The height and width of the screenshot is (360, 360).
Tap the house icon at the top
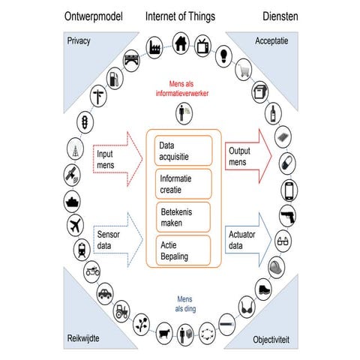click(179, 44)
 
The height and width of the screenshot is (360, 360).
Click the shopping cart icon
click(243, 71)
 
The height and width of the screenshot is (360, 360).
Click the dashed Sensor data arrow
click(114, 239)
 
